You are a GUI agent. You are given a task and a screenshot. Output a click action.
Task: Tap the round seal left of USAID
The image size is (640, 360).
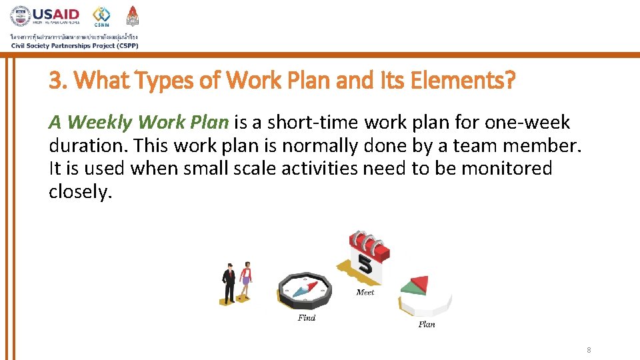[x=21, y=17]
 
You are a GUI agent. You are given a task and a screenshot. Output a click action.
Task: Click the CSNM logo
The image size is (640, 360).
[x=102, y=17]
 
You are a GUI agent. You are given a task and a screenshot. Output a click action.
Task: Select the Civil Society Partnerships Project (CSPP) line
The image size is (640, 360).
[x=75, y=45]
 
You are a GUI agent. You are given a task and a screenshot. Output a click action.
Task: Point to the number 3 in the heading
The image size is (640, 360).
[x=55, y=81]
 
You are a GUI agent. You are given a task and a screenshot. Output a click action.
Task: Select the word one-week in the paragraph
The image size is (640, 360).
[x=527, y=123]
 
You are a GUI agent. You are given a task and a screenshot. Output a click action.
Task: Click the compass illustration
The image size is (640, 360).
[x=304, y=291]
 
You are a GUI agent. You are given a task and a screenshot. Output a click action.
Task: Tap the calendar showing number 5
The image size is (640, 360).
[x=365, y=257]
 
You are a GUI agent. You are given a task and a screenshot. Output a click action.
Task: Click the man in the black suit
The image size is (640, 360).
[x=229, y=283]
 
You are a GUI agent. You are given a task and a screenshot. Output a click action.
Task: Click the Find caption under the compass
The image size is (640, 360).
[x=307, y=318]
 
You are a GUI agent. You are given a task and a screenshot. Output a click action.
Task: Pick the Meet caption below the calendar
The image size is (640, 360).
[x=365, y=293]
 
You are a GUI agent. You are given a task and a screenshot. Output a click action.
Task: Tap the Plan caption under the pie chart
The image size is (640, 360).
[x=427, y=325]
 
